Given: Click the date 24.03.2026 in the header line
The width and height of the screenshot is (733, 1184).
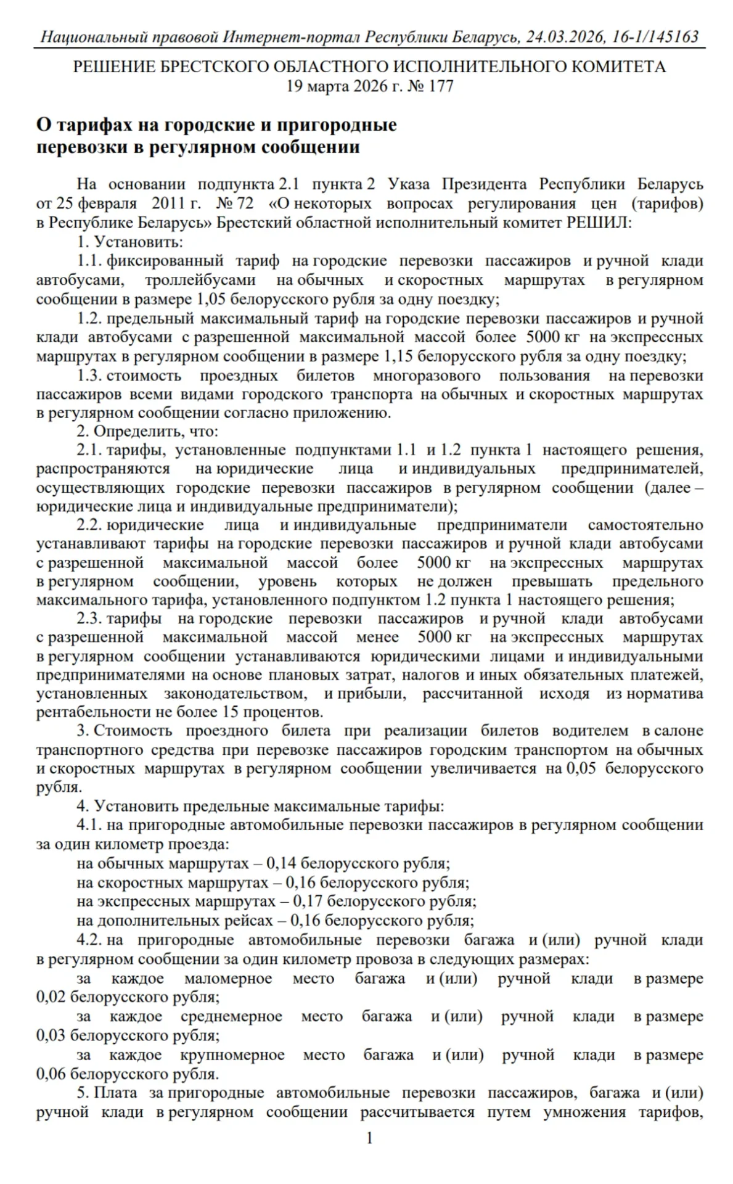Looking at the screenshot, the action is pos(563,37).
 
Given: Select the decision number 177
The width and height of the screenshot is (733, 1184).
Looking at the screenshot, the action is pos(441,86).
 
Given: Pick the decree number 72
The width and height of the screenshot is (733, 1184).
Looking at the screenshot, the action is pos(245,203).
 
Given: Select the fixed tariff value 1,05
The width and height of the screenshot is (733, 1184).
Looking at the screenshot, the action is pos(209,300).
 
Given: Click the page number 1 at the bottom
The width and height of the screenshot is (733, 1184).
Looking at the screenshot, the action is pos(369,1138).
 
